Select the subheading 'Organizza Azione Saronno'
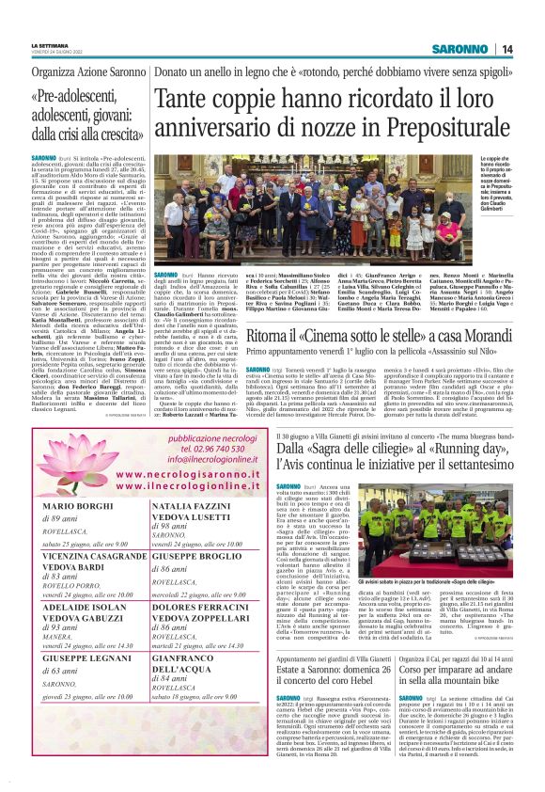88,71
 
